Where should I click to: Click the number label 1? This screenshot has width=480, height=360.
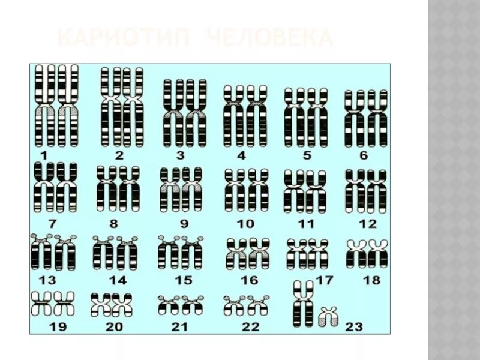point(43,155)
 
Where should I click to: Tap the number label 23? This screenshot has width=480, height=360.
point(354,326)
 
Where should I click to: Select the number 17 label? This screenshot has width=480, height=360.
point(325,280)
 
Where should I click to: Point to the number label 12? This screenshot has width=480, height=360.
point(367,224)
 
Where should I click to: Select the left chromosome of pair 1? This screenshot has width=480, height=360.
point(45,106)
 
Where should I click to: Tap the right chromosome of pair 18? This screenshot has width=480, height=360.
point(378,253)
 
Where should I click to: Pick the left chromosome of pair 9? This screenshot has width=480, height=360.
point(170,190)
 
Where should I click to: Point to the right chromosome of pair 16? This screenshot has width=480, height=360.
point(260,253)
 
